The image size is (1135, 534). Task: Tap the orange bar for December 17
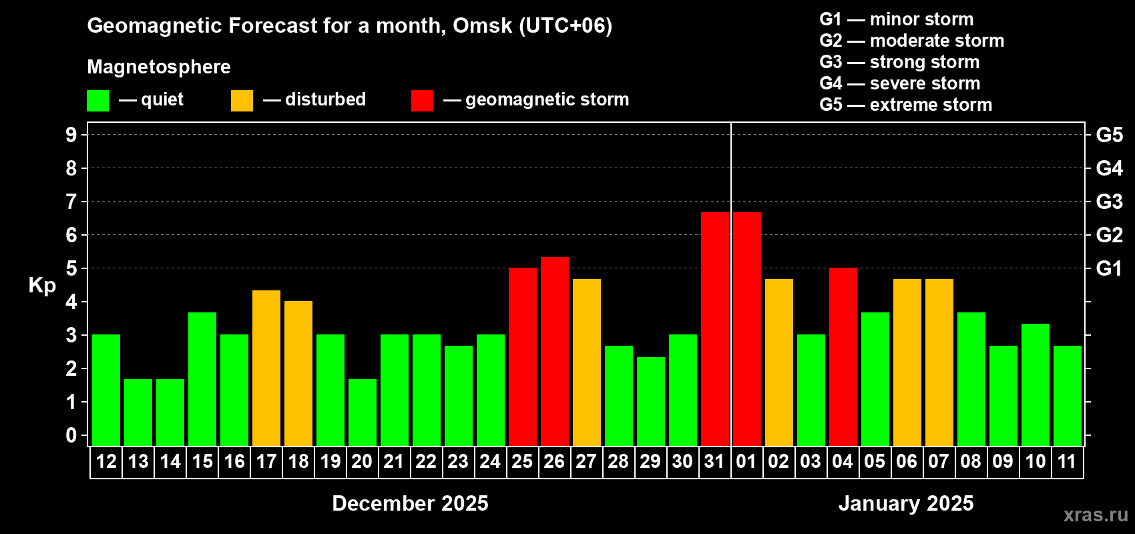coord(266,368)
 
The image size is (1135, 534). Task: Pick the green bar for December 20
coord(363,412)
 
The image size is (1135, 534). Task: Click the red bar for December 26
coord(555,351)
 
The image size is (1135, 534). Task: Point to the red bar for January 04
coord(843,356)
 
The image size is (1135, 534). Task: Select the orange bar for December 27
coord(587,362)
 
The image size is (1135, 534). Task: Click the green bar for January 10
coord(1036,384)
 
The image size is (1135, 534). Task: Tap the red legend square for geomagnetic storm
coord(422,101)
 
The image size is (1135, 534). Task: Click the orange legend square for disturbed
coord(242,101)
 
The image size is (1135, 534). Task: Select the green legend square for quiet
coord(98,101)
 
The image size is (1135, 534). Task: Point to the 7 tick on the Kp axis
coord(71,202)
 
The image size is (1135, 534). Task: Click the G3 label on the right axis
coord(1109,202)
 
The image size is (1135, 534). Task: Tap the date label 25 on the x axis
coord(522,461)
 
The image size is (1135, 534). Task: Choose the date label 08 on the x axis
coord(971,461)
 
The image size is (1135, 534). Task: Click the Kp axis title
coord(42,286)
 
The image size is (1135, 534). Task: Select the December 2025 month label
coord(410,503)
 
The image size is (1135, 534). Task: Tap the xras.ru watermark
coord(1096,515)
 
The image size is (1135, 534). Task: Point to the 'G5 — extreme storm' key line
coord(905,105)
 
